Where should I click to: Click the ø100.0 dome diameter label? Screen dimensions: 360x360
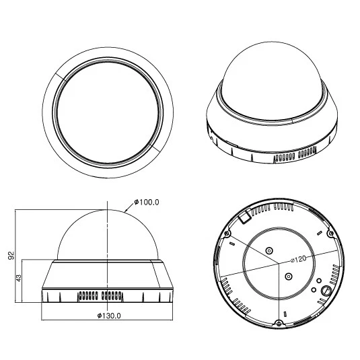(x=147, y=202)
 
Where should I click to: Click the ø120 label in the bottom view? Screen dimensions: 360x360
(x=299, y=258)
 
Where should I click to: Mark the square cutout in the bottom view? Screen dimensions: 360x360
(x=246, y=217)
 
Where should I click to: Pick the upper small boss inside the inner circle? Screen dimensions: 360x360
(x=270, y=250)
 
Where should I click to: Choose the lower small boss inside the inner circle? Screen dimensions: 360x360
(x=288, y=275)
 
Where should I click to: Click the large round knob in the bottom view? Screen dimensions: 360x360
(x=325, y=290)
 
